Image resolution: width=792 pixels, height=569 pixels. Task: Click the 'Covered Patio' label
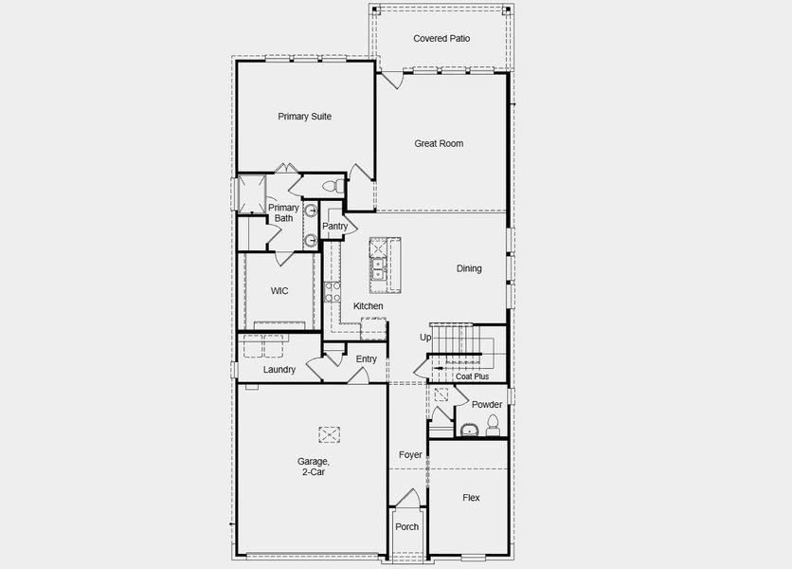pyautogui.click(x=441, y=39)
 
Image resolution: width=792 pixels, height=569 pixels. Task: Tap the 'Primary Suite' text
pyautogui.click(x=304, y=117)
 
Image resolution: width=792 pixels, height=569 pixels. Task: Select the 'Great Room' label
pyautogui.click(x=439, y=144)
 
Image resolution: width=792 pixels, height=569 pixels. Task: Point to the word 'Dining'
pyautogui.click(x=469, y=268)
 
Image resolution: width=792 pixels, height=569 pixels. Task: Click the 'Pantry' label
pyautogui.click(x=334, y=227)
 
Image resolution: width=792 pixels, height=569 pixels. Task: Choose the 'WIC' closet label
pyautogui.click(x=279, y=291)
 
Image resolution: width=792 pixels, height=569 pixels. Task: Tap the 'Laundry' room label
pyautogui.click(x=279, y=370)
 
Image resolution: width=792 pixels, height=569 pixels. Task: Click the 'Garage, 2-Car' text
pyautogui.click(x=314, y=466)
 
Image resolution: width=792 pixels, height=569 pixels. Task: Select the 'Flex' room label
pyautogui.click(x=471, y=498)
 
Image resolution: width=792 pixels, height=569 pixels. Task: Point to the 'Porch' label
pyautogui.click(x=406, y=527)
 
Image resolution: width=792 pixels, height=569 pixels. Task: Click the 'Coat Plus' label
pyautogui.click(x=472, y=376)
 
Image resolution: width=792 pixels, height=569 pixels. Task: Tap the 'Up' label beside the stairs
pyautogui.click(x=425, y=338)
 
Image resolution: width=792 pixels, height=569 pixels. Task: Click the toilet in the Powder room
pyautogui.click(x=493, y=430)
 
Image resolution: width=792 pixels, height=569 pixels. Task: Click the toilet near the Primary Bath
pyautogui.click(x=331, y=185)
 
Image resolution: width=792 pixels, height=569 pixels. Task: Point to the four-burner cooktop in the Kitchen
pyautogui.click(x=332, y=290)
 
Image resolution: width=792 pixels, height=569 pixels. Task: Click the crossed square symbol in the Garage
pyautogui.click(x=329, y=433)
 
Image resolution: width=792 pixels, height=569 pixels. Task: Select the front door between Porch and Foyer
pyautogui.click(x=406, y=498)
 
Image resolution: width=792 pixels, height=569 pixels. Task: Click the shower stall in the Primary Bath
pyautogui.click(x=252, y=194)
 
